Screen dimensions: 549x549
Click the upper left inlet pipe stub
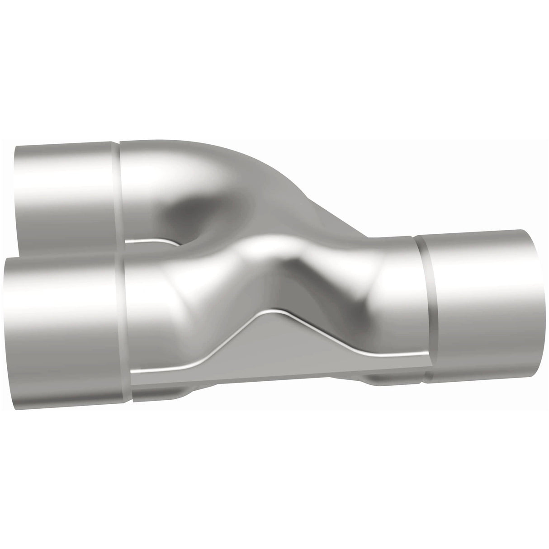coord(63,190)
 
